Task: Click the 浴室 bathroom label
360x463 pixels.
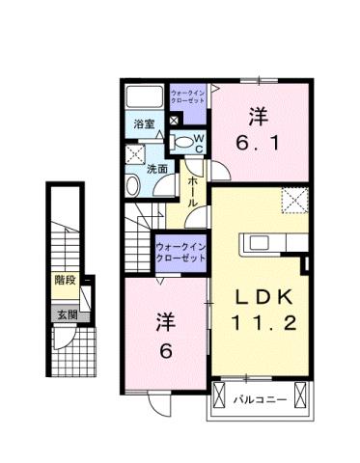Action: pos(143,123)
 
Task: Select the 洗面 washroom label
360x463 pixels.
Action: pos(157,168)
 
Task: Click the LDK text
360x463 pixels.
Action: pos(259,297)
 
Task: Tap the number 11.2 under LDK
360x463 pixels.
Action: pos(259,325)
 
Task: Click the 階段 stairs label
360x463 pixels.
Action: pos(64,283)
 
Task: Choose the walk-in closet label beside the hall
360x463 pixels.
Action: pos(181,254)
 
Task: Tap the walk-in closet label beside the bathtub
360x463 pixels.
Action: pos(188,96)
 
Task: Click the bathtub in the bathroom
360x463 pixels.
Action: pos(145,97)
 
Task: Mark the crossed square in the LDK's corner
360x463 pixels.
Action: pos(292,200)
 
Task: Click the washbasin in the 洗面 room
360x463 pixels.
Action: pos(132,183)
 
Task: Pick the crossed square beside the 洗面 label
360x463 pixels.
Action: pos(133,154)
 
